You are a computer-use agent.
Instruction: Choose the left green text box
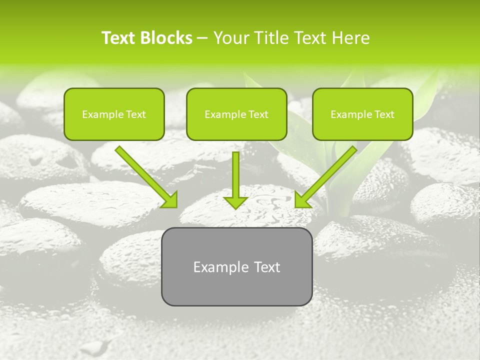(x=114, y=114)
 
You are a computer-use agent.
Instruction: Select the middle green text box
(x=236, y=114)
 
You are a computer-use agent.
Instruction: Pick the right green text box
(x=362, y=114)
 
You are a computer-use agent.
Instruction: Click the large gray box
(x=236, y=266)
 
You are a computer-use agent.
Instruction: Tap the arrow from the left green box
(x=145, y=176)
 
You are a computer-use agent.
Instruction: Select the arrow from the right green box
(x=326, y=176)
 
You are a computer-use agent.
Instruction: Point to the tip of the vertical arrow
(x=235, y=207)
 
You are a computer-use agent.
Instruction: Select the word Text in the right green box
(x=384, y=114)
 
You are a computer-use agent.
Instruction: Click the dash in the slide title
(x=203, y=38)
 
